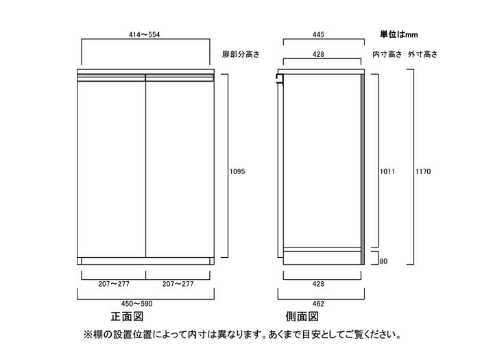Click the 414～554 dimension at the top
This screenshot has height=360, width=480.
tap(144, 34)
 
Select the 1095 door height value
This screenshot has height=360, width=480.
tap(237, 171)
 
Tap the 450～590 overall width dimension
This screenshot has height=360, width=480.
tap(136, 304)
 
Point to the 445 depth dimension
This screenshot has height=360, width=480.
tap(318, 34)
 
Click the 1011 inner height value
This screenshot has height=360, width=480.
tap(387, 171)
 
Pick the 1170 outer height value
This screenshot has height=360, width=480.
tap(423, 171)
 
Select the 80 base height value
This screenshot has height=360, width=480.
tap(383, 261)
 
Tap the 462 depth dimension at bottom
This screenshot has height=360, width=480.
tap(318, 304)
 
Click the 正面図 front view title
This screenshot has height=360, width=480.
tap(127, 317)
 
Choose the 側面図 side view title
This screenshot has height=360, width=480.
tap(302, 317)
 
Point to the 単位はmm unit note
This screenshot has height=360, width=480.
tap(398, 34)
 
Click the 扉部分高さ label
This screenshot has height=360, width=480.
tap(241, 54)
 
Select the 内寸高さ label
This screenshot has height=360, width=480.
tap(387, 54)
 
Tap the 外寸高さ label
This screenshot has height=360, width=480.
tap(422, 54)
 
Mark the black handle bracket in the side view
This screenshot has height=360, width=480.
tap(280, 79)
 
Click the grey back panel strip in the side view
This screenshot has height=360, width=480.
tap(363, 169)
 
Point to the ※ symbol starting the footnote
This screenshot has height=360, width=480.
tap(88, 335)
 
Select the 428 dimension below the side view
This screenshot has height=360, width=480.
tap(318, 284)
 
